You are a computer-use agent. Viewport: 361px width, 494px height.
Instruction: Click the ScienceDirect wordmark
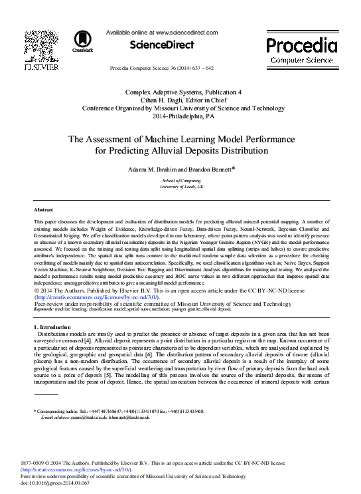click(162, 45)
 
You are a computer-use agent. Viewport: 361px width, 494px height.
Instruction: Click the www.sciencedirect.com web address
click(186, 32)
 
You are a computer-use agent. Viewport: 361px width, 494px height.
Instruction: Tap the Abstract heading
click(44, 209)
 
